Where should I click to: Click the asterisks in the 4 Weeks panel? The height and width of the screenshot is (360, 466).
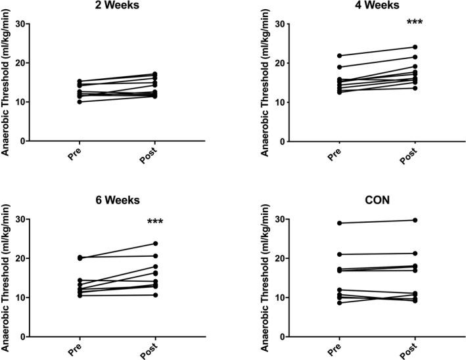(x=414, y=23)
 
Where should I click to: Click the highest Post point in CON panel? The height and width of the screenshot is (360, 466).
(x=415, y=220)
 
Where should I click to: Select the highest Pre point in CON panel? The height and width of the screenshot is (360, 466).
(x=338, y=223)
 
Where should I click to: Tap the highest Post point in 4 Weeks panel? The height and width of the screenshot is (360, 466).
(x=415, y=47)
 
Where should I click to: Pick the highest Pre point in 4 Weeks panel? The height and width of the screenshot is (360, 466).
(x=338, y=55)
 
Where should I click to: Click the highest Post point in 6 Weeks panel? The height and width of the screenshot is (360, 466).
(x=155, y=244)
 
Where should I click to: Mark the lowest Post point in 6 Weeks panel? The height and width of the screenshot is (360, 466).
(x=155, y=295)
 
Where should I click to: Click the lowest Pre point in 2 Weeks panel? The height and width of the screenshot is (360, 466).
(x=79, y=102)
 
